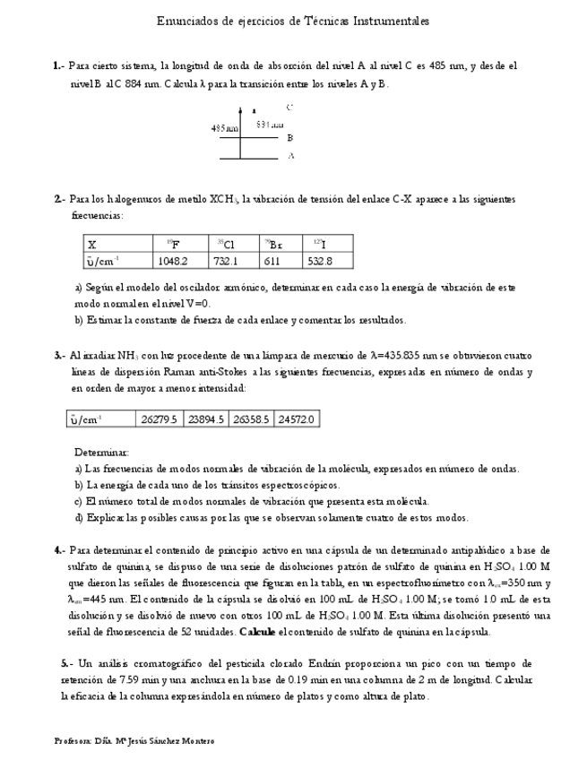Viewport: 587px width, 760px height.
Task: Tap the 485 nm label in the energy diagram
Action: click(x=225, y=129)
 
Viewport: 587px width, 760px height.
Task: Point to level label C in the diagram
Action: click(x=290, y=108)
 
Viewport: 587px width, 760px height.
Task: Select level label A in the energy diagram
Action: click(x=291, y=156)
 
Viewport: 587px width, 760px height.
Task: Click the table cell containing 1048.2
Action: click(x=172, y=261)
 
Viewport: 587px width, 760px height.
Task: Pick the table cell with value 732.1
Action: click(x=225, y=261)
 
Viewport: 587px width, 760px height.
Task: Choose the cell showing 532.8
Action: click(x=319, y=261)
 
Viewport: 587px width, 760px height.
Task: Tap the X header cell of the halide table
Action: click(x=91, y=244)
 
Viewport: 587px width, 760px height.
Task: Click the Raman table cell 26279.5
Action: click(x=160, y=419)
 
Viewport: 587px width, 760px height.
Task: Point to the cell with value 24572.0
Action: click(x=297, y=419)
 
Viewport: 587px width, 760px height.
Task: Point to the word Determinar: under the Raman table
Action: click(x=101, y=453)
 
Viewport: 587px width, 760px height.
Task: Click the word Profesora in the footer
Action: click(x=73, y=740)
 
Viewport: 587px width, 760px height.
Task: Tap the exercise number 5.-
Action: click(x=67, y=664)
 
